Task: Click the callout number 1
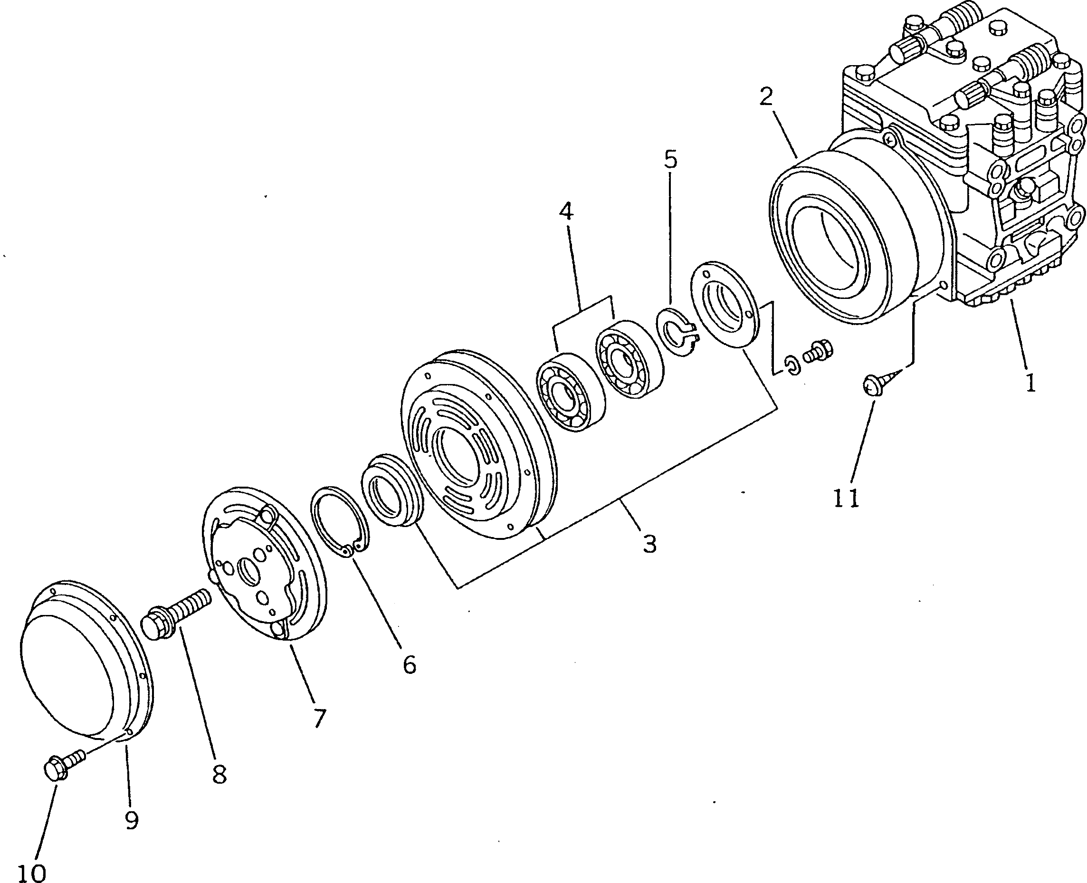click(x=1030, y=383)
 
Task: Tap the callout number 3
click(x=650, y=544)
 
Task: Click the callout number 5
click(x=671, y=160)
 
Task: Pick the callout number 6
click(x=409, y=664)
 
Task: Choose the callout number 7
click(x=319, y=718)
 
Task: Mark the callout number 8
click(x=219, y=775)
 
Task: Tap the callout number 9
click(x=132, y=820)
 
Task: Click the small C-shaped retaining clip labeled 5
click(x=676, y=332)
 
